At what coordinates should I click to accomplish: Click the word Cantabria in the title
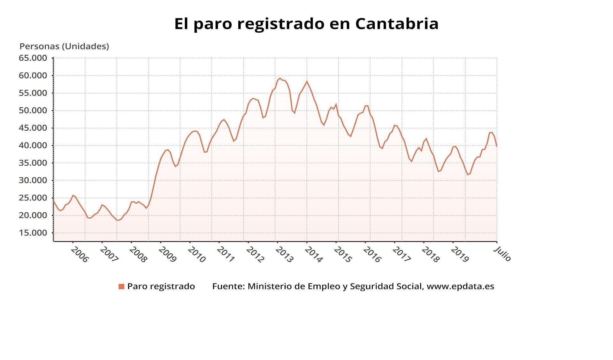coord(397,24)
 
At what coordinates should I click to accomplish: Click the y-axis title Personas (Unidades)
coord(64,46)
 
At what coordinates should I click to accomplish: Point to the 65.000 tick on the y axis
coord(33,58)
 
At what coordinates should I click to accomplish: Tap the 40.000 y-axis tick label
coord(33,145)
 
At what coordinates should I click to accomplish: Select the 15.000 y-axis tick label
coord(33,233)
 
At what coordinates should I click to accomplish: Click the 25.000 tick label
coord(33,198)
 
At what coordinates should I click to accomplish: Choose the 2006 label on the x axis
coord(79,255)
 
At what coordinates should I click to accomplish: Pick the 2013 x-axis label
coord(284,255)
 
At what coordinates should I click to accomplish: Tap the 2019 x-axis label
coord(459,255)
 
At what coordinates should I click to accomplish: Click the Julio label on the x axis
coord(502,254)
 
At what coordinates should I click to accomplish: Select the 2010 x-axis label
coord(196,255)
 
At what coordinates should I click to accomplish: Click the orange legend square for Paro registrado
coord(121,287)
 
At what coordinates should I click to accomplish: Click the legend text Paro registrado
coord(161,286)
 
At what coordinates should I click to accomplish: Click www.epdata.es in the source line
coord(460,286)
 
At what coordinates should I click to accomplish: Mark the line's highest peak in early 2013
coord(280,78)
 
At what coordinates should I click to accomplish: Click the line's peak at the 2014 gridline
coord(307,81)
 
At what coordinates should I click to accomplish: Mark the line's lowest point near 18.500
coord(118,220)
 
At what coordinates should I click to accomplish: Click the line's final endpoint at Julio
coord(497,146)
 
